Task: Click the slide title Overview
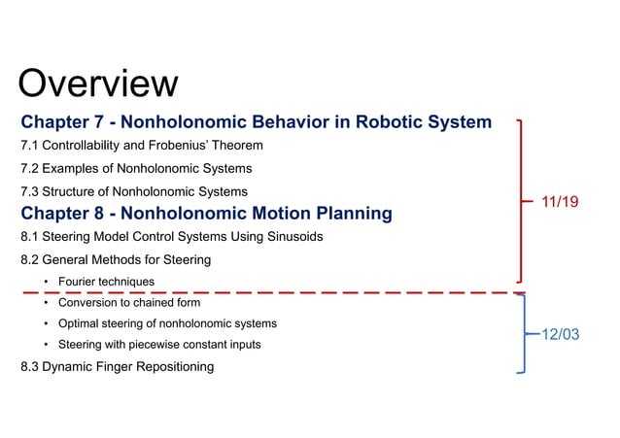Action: point(98,84)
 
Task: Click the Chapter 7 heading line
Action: point(256,123)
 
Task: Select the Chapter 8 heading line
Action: point(206,213)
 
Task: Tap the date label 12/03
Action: point(559,334)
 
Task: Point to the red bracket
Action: point(524,201)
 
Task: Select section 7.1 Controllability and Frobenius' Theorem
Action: point(141,146)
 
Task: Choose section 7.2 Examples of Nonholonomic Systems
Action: point(135,169)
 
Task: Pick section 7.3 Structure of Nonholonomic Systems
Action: point(133,191)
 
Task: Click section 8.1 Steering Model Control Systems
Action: point(171,236)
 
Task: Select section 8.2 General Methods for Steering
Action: point(115,259)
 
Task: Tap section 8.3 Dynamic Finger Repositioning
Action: point(117,366)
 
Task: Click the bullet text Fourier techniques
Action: point(106,282)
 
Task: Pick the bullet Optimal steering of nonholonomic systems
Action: point(167,323)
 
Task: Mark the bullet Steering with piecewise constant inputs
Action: point(159,345)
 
